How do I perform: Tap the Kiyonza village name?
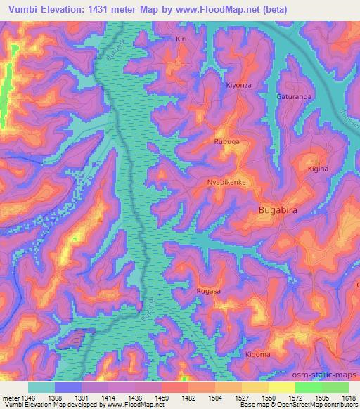238,85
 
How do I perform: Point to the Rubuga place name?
227,141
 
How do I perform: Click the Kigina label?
319,169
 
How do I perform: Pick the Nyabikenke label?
226,182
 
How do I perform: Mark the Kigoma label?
257,354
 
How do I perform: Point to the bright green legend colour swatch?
308,387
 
